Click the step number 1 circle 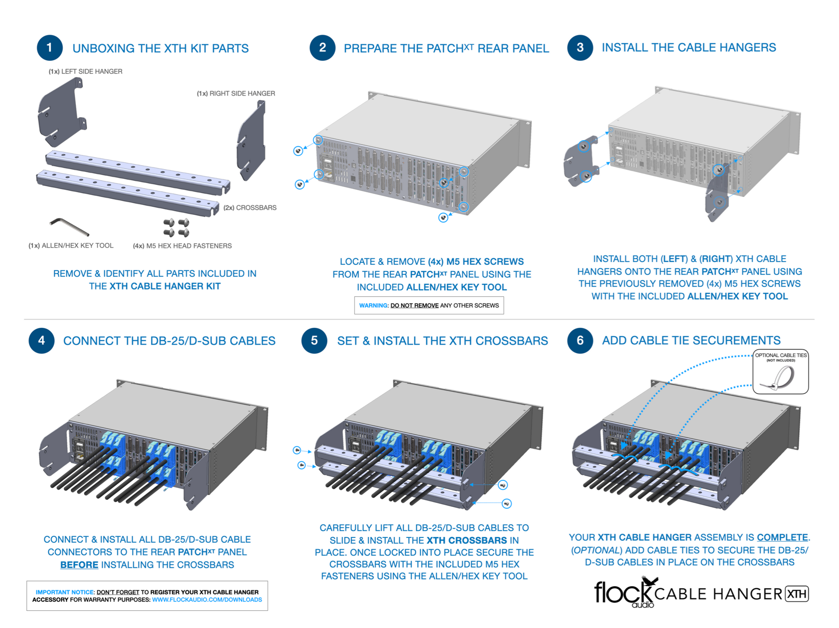coord(50,47)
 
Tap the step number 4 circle coord(41,341)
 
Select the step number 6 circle coord(580,341)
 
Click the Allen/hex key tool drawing coord(69,226)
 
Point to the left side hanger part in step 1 coord(63,112)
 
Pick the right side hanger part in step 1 coord(251,140)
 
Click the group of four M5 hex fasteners coord(176,227)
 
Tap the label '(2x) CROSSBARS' coord(250,207)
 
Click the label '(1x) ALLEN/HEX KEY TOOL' coord(71,245)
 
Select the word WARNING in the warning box coord(373,305)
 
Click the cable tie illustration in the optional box coord(778,378)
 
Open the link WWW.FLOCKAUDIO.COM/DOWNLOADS coord(207,600)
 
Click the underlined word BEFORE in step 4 coord(79,565)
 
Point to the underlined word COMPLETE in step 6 coord(782,537)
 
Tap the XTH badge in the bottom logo coord(797,594)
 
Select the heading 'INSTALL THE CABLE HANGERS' coord(689,47)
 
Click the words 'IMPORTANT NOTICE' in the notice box coord(65,592)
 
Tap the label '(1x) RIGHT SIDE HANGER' coord(236,93)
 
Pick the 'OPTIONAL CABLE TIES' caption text coord(780,355)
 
